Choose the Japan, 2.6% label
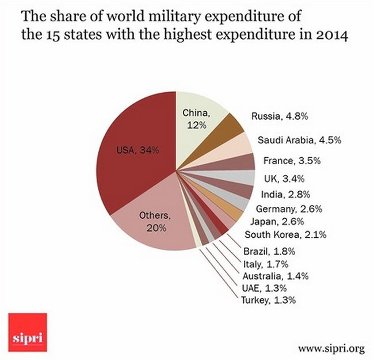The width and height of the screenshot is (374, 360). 277,221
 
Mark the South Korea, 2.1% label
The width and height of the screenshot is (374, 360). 277,234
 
